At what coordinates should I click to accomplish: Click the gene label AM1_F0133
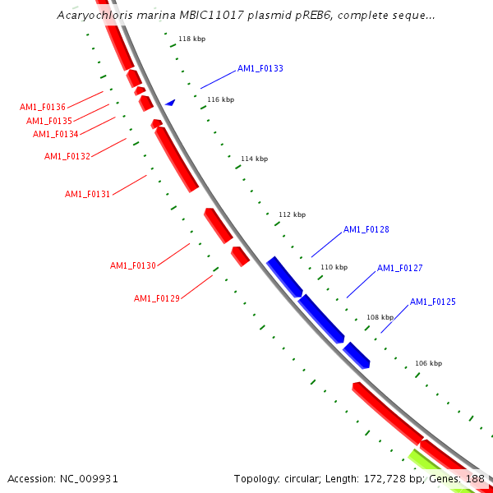click(x=260, y=68)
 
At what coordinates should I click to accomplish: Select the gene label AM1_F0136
click(x=43, y=107)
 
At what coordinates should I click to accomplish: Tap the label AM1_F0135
click(x=48, y=121)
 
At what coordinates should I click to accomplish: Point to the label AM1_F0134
click(x=56, y=134)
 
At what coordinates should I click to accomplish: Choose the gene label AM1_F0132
click(x=67, y=156)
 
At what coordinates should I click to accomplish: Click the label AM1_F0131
click(x=88, y=194)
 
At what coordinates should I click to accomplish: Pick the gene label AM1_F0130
click(x=133, y=265)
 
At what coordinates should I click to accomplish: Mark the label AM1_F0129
click(x=157, y=298)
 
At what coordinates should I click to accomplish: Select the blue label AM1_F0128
click(x=366, y=229)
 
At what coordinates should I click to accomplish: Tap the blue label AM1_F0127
click(x=400, y=268)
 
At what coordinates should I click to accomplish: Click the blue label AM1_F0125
click(x=433, y=302)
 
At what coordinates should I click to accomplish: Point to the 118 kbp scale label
click(x=191, y=39)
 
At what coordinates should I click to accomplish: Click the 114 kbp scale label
click(x=254, y=159)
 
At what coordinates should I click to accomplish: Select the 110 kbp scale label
click(x=334, y=267)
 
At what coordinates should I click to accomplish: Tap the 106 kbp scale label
click(x=428, y=363)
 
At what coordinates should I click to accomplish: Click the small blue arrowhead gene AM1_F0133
click(x=170, y=103)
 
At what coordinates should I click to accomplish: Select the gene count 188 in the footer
click(x=475, y=478)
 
